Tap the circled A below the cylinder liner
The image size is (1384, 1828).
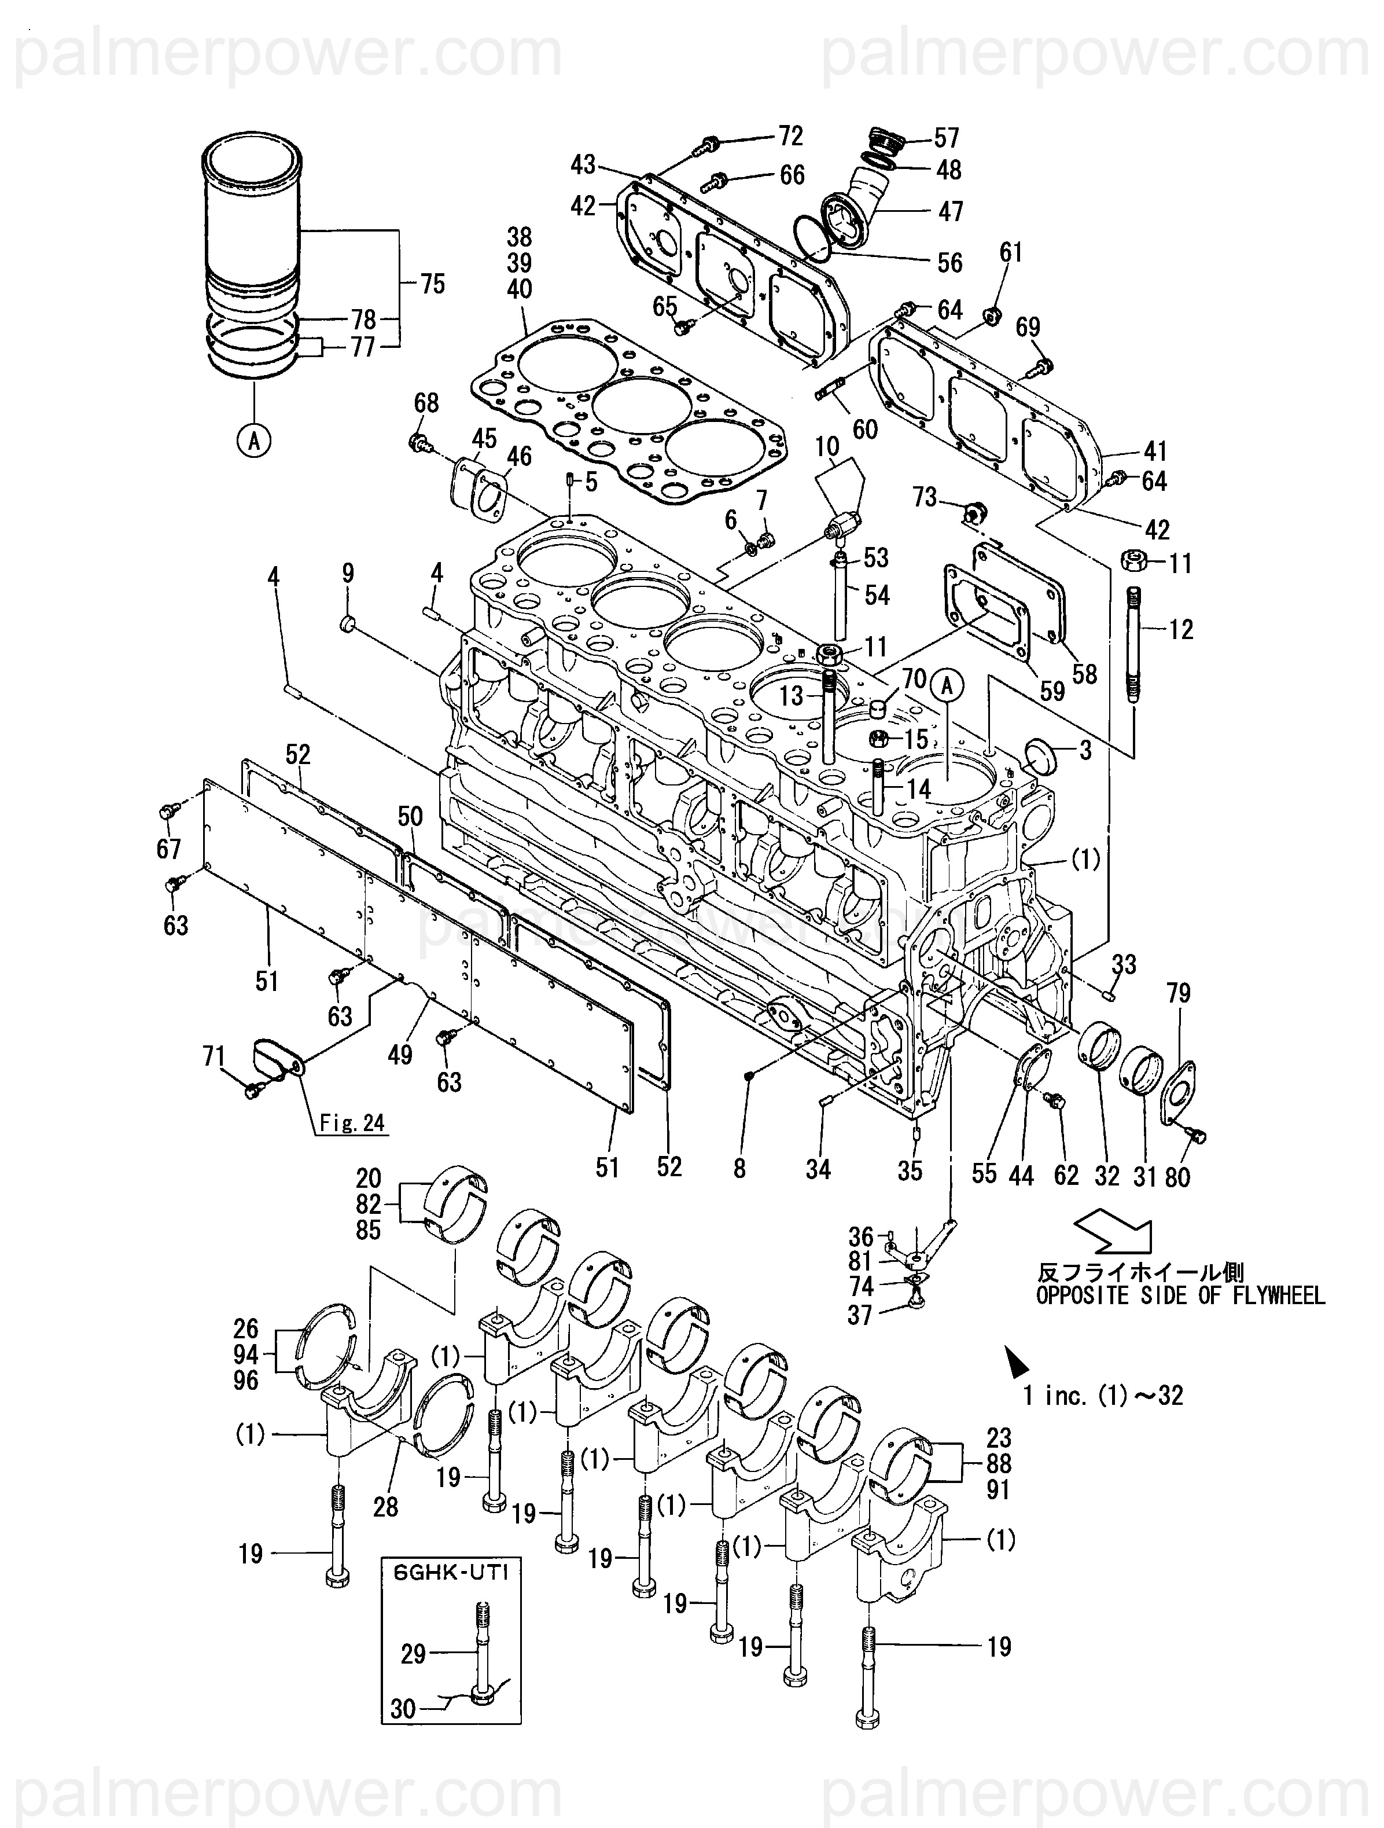tap(255, 441)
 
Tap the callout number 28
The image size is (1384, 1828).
tap(386, 1507)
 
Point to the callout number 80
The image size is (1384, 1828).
tap(1177, 1176)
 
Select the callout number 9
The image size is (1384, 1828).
tap(348, 574)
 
